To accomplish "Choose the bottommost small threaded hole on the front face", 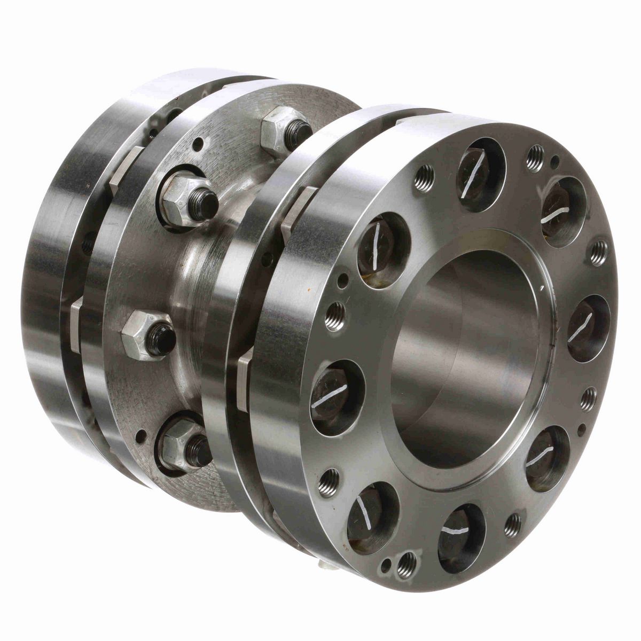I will click(x=407, y=561).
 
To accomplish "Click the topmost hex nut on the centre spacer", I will click(x=278, y=128).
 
